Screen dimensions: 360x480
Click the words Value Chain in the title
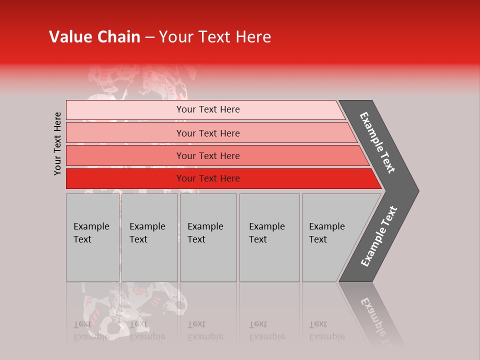(94, 37)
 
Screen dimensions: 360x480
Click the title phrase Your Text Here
(215, 37)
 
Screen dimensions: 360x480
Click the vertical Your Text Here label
(58, 143)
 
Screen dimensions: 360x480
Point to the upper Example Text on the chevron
(377, 142)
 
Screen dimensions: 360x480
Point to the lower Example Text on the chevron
(378, 236)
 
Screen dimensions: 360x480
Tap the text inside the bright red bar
(208, 178)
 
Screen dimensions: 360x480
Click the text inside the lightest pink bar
(208, 109)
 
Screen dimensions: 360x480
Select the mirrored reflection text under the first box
(91, 330)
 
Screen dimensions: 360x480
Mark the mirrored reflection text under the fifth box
(326, 330)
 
